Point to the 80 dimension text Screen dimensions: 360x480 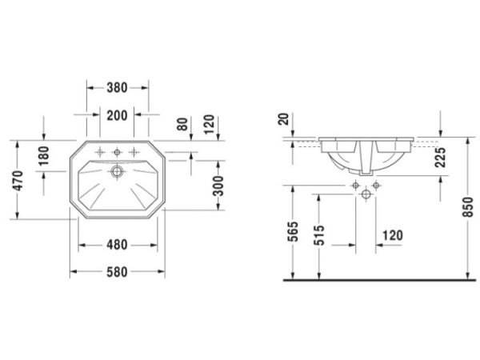182,124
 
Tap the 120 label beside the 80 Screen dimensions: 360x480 210,124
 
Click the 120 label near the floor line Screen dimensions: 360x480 391,236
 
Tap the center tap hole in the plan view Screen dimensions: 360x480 118,152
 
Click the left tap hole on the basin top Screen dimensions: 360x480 101,152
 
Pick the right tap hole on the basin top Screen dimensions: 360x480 134,152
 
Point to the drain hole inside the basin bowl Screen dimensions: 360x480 118,170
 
